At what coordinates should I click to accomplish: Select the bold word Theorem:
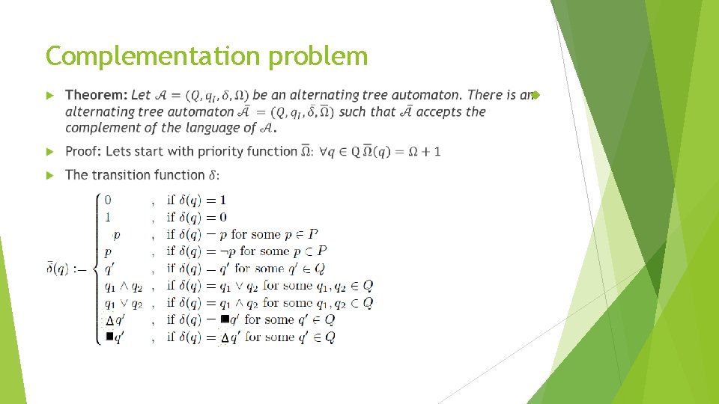coord(97,95)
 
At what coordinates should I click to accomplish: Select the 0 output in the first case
coord(109,200)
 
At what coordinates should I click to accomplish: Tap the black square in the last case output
coord(109,337)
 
